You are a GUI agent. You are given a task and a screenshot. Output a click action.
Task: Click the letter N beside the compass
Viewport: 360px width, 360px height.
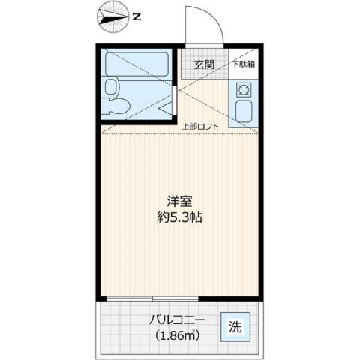pyautogui.click(x=135, y=15)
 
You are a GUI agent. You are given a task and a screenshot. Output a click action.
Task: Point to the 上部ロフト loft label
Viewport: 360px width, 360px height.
pyautogui.click(x=201, y=126)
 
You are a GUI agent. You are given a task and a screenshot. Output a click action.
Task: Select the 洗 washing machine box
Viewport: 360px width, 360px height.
pyautogui.click(x=235, y=326)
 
